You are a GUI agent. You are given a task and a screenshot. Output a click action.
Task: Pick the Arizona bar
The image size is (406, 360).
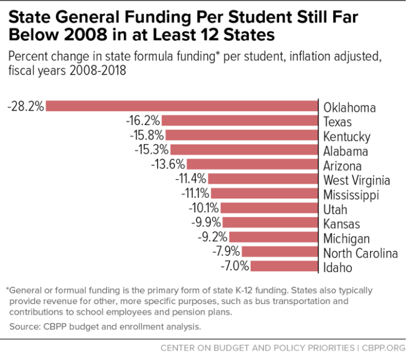click(x=252, y=165)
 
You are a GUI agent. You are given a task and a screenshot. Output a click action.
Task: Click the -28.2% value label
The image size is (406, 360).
click(x=26, y=106)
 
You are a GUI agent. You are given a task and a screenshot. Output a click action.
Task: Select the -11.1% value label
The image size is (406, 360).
click(x=194, y=194)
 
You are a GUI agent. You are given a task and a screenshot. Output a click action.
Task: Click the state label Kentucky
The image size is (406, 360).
click(x=347, y=136)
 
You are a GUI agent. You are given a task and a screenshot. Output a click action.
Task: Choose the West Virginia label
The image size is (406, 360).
click(x=357, y=180)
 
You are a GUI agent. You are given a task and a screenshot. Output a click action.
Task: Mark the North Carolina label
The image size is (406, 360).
click(x=360, y=253)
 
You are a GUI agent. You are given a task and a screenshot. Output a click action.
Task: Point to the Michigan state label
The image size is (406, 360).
click(x=347, y=239)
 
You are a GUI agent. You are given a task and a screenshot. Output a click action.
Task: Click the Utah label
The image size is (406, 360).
click(x=336, y=210)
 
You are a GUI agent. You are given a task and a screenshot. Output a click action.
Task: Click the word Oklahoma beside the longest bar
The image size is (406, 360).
click(x=349, y=108)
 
